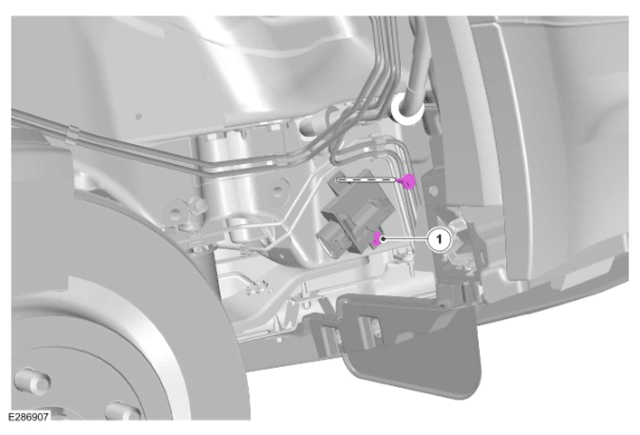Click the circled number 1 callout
(439, 239)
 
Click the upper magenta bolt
(407, 181)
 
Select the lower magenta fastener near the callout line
(377, 239)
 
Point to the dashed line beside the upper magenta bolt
(367, 179)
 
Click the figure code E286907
(29, 417)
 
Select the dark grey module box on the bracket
(358, 212)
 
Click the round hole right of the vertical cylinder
(279, 190)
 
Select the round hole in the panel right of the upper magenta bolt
(434, 190)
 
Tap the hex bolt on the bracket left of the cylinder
(199, 203)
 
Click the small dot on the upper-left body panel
(139, 117)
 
